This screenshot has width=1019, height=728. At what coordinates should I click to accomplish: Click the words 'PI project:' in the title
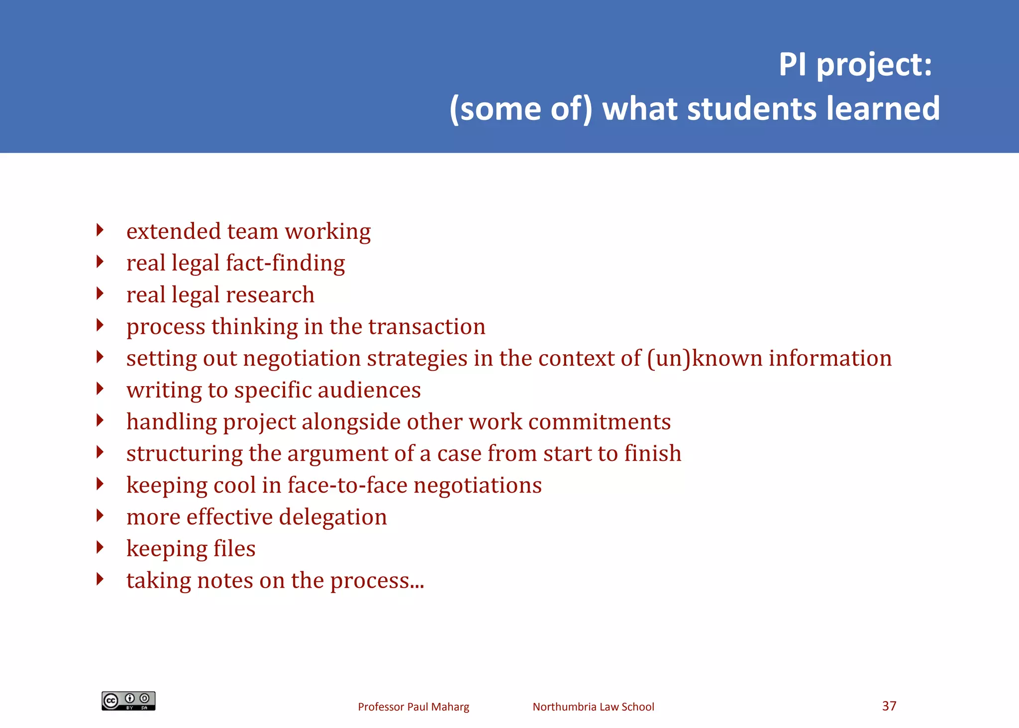point(855,65)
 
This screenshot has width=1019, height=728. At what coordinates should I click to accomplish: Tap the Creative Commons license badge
point(128,701)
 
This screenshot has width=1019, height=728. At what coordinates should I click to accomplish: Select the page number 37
point(889,706)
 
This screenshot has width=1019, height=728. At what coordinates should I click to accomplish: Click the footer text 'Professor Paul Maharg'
point(413,707)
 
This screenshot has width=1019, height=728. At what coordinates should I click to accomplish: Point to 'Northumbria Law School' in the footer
point(593,707)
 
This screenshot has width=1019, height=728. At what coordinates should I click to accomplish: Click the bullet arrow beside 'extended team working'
point(100,230)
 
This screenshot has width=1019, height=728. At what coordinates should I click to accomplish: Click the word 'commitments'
point(599,422)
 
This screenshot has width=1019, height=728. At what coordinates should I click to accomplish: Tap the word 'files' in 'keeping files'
point(234,549)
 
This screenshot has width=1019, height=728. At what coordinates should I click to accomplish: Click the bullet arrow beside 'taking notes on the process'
point(100,579)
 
